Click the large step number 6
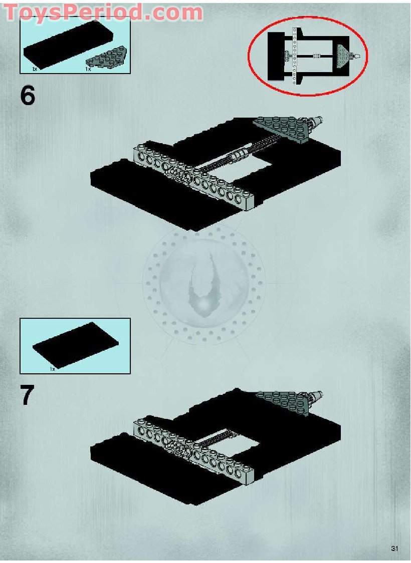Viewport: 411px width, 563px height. coord(28,96)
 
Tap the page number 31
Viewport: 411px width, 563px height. coord(394,548)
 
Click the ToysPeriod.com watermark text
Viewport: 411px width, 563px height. coord(104,12)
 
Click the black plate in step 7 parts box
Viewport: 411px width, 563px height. coord(76,345)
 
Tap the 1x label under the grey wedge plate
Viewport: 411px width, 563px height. coord(88,69)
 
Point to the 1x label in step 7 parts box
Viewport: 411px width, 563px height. coord(53,369)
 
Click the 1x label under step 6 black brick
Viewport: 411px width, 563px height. coord(35,69)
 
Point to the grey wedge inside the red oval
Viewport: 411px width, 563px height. coord(343,56)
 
